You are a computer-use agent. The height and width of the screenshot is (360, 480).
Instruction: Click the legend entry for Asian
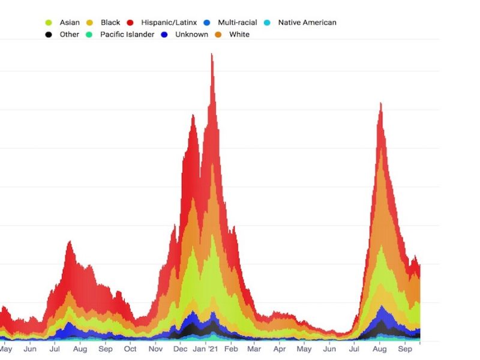coord(69,23)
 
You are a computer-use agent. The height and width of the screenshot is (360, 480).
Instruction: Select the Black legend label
coord(110,23)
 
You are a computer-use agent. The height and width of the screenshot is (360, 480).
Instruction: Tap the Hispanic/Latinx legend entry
coord(169,23)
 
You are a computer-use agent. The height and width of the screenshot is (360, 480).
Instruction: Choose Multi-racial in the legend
coord(237,23)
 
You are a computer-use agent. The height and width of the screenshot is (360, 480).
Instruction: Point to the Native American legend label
coord(307,23)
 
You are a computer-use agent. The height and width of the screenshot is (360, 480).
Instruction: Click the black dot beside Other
coord(49,35)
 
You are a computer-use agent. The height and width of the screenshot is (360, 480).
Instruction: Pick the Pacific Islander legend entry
coord(127,35)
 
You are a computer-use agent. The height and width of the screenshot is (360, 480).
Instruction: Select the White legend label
coord(239,35)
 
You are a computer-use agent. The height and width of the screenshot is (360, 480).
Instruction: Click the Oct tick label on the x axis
coord(130,349)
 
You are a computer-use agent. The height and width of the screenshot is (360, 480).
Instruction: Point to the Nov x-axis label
coord(155,349)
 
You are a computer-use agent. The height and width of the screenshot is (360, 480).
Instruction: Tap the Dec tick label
coord(180,349)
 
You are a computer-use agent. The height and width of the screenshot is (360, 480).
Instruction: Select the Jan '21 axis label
coord(206,349)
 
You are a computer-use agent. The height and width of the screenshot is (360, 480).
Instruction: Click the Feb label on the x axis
coord(231,349)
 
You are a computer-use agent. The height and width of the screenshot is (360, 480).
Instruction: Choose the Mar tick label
coord(254,349)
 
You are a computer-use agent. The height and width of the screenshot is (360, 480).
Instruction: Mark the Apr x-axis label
coord(280,349)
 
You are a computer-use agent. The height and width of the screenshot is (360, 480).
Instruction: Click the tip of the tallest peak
coord(212,54)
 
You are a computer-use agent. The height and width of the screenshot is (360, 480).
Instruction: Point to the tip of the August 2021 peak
coord(380,103)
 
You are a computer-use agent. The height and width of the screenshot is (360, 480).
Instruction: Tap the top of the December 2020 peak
coord(193,115)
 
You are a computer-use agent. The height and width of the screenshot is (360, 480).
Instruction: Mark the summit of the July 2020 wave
coord(70,241)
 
